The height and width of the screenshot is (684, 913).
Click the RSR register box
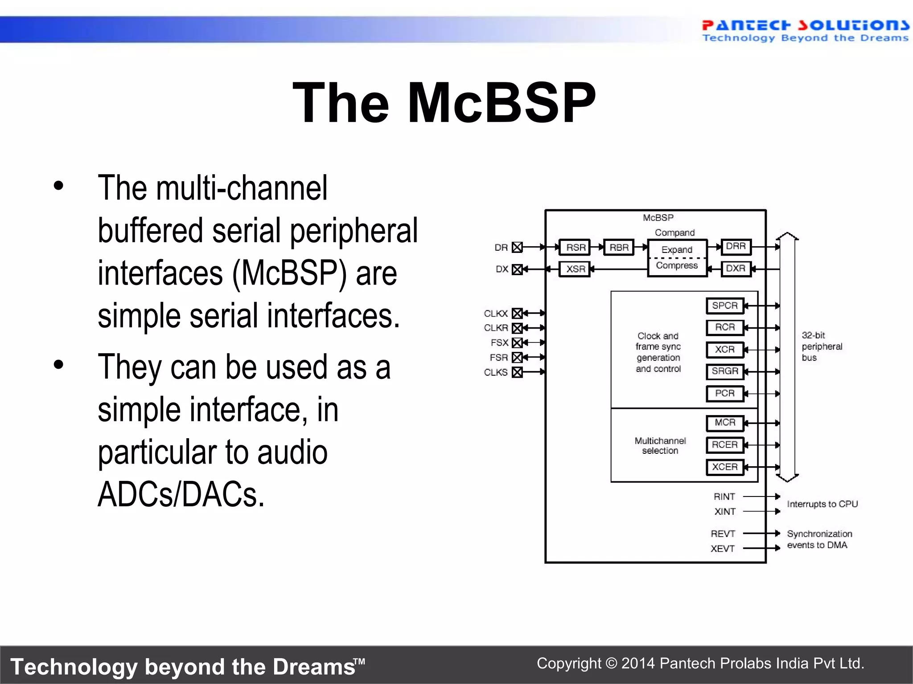click(575, 247)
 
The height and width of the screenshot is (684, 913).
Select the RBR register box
click(618, 247)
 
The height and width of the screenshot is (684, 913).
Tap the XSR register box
click(575, 269)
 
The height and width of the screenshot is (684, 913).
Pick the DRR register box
click(736, 246)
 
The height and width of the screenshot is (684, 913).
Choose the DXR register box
click(736, 269)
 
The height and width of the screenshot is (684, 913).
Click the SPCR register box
click(725, 305)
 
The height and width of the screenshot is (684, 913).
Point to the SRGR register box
click(725, 371)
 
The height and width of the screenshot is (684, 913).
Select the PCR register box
click(725, 393)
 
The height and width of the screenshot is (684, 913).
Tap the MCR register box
click(725, 423)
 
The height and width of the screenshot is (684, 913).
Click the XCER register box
click(725, 467)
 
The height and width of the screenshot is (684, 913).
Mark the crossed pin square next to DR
click(517, 247)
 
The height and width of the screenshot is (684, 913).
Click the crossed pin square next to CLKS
click(517, 372)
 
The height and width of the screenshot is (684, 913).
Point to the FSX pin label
click(499, 342)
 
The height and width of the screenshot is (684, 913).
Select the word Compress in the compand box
click(677, 265)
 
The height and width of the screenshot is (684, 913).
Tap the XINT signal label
click(725, 512)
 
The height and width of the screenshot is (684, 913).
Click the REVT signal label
click(723, 533)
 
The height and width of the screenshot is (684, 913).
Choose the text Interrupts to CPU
click(822, 504)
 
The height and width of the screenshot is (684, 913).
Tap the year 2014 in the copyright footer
click(638, 664)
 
